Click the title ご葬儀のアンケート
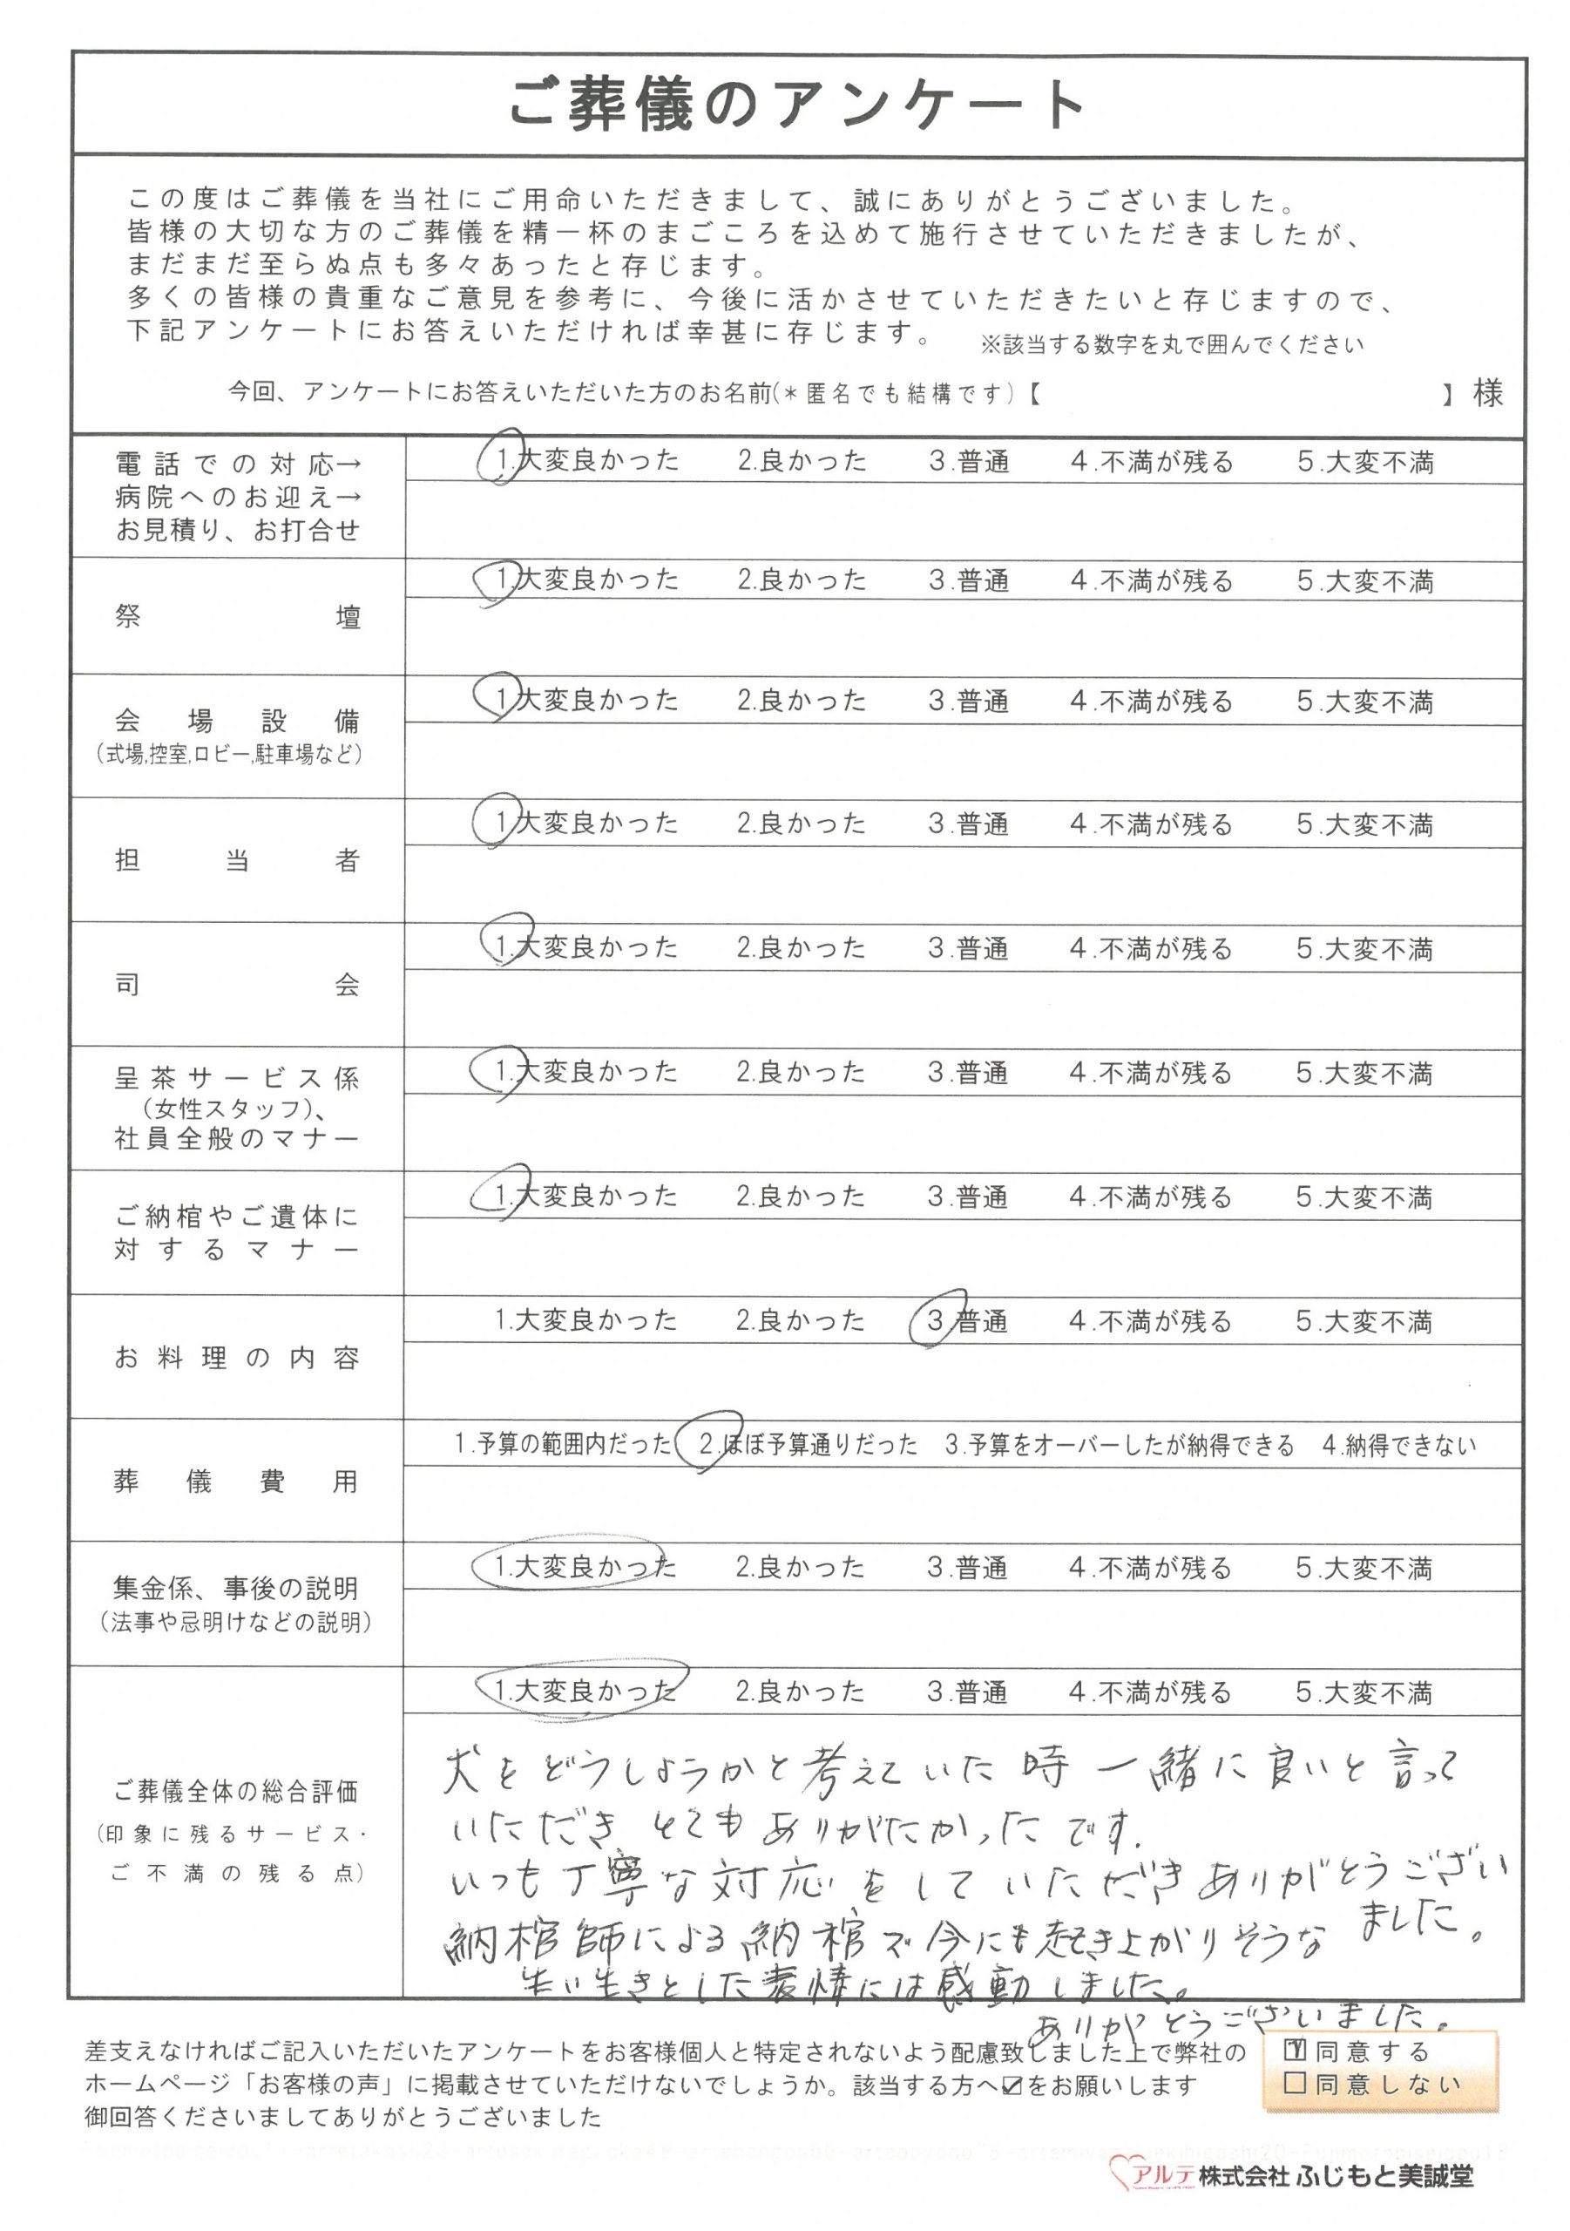coord(796,105)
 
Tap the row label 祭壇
coord(237,617)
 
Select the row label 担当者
coord(237,860)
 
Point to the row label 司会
coord(237,984)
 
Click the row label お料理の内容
coord(237,1358)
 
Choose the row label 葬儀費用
coord(237,1482)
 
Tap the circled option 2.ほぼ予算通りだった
coord(807,1445)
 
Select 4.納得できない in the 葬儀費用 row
coord(1398,1445)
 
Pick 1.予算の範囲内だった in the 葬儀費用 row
coord(563,1445)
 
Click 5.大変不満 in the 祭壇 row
coord(1365,581)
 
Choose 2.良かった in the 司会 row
coord(801,947)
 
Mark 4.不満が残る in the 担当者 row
coord(1151,824)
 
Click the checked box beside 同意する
coord(1294,2051)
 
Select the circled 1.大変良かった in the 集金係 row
coord(583,1566)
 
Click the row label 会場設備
coord(237,721)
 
